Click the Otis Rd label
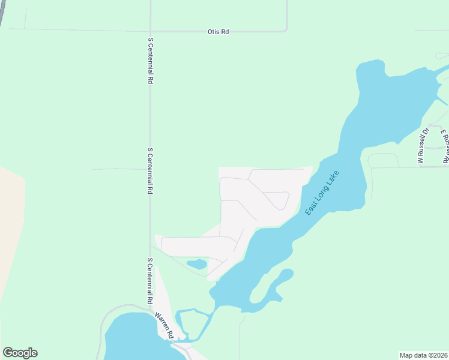[218, 32]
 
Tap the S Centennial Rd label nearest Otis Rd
[150, 61]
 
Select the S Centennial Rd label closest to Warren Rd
[149, 281]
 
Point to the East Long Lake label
[322, 193]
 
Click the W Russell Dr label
[423, 145]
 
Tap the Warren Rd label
[164, 325]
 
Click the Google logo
[20, 353]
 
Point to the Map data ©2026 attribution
[423, 355]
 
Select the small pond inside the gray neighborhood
[196, 264]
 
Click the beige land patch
[11, 234]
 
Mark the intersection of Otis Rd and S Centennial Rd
[150, 31]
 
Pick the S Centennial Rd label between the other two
[150, 170]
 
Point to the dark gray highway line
[3, 12]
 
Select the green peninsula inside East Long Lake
[264, 291]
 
